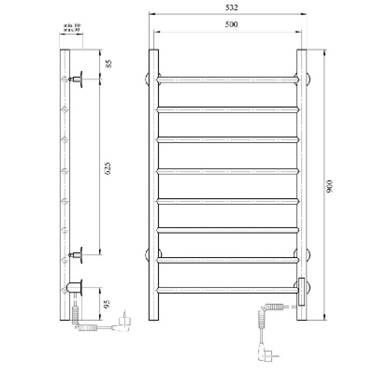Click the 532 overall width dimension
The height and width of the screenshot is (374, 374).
coord(228,7)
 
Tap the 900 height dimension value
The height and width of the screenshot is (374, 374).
coord(330,187)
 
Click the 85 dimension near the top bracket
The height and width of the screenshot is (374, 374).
coord(108,64)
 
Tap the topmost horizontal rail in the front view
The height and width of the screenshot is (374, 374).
coord(228,79)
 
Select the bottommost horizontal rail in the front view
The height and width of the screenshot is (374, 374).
coord(228,290)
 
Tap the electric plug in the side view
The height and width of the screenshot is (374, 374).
coord(125,322)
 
